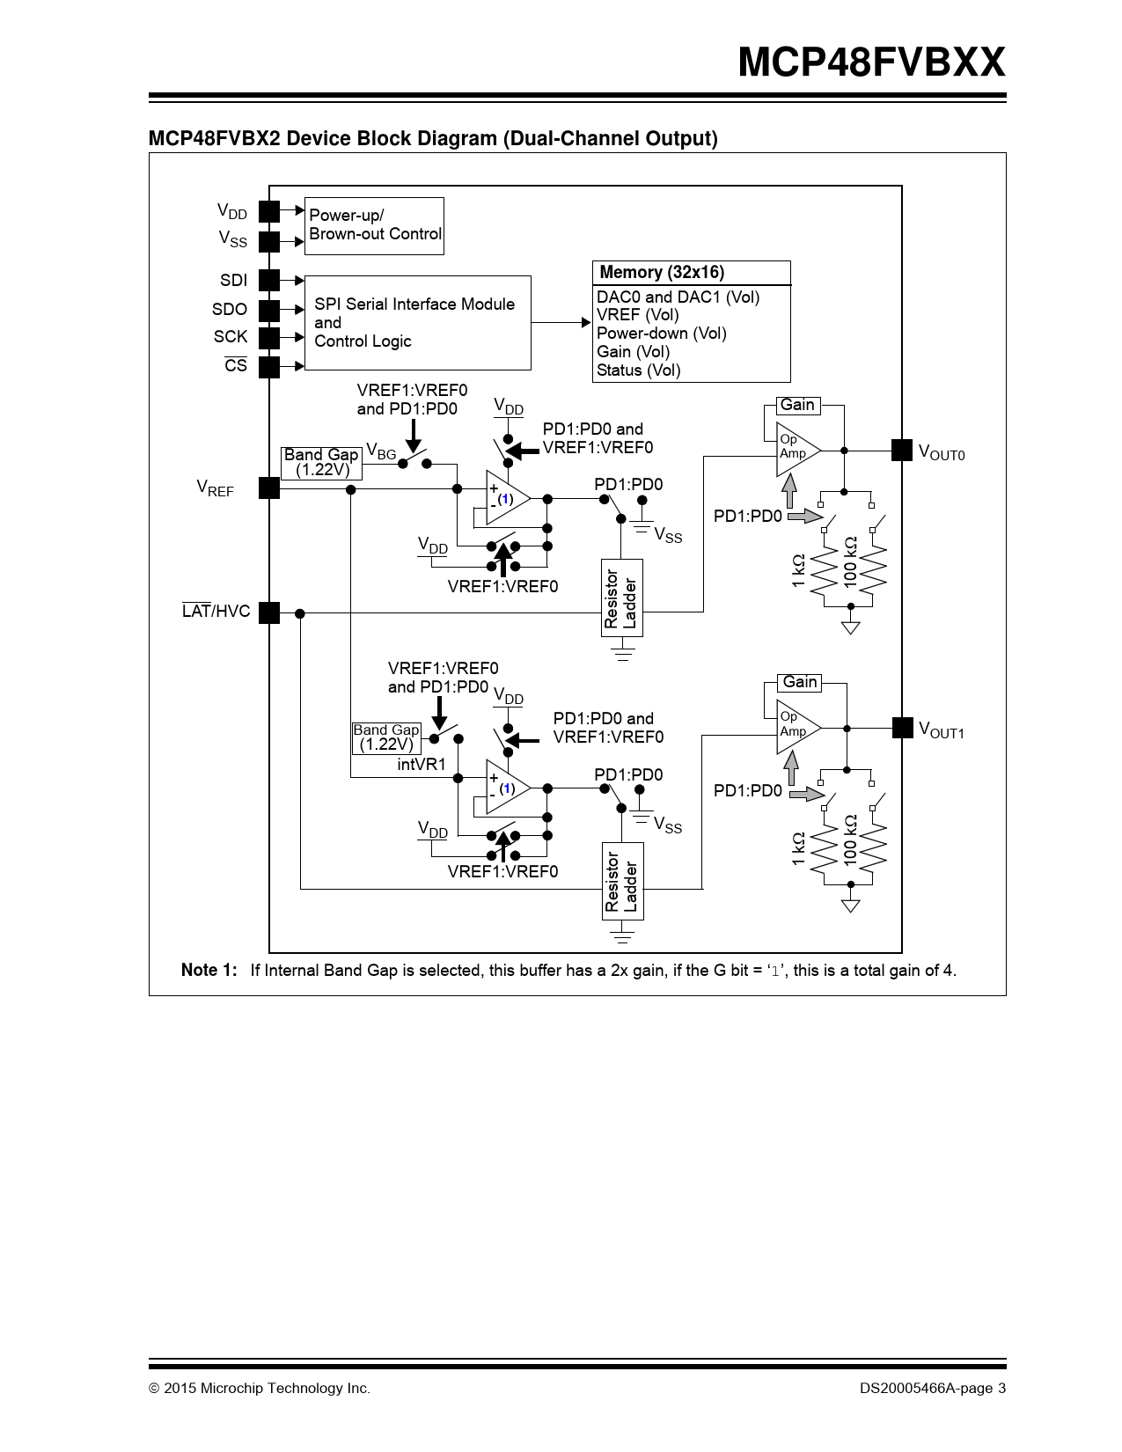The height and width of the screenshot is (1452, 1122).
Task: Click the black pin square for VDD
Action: (x=269, y=211)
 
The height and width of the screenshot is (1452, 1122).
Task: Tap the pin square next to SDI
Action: (x=269, y=281)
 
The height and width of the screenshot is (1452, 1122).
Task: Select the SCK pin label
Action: (x=231, y=337)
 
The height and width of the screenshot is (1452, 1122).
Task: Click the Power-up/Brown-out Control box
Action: (x=374, y=225)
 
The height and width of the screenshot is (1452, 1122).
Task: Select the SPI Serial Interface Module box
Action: (x=417, y=323)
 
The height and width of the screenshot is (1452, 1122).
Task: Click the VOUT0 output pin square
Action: (x=902, y=450)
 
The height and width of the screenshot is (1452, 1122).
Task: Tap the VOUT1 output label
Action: (x=942, y=730)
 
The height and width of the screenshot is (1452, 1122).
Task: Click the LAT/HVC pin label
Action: (x=216, y=612)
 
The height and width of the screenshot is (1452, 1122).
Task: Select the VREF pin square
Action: (x=269, y=488)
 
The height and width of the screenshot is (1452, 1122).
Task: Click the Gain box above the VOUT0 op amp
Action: (x=798, y=405)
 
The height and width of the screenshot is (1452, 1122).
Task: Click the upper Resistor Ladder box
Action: (x=621, y=598)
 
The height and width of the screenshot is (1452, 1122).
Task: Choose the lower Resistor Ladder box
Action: (x=621, y=882)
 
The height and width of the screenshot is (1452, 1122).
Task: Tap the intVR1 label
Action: (x=422, y=765)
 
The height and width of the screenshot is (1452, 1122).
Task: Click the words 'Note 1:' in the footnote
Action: (x=209, y=971)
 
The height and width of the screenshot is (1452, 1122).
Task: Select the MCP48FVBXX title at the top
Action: (x=871, y=62)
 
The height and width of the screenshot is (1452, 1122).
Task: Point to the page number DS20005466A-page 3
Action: (x=933, y=1389)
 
